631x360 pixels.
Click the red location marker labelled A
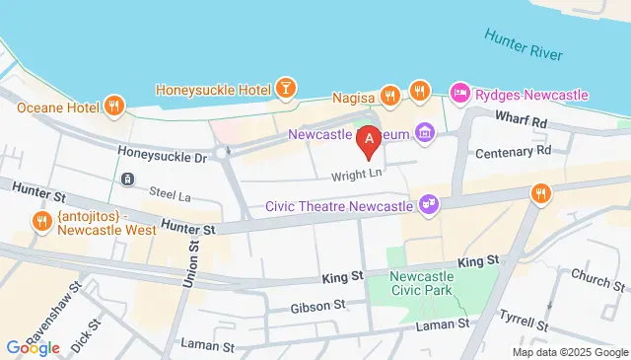(369, 142)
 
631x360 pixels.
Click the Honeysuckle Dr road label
(162, 154)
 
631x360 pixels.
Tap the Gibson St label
(315, 308)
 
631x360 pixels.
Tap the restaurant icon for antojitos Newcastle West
(41, 220)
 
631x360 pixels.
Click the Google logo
(33, 347)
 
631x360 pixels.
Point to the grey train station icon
(127, 179)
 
